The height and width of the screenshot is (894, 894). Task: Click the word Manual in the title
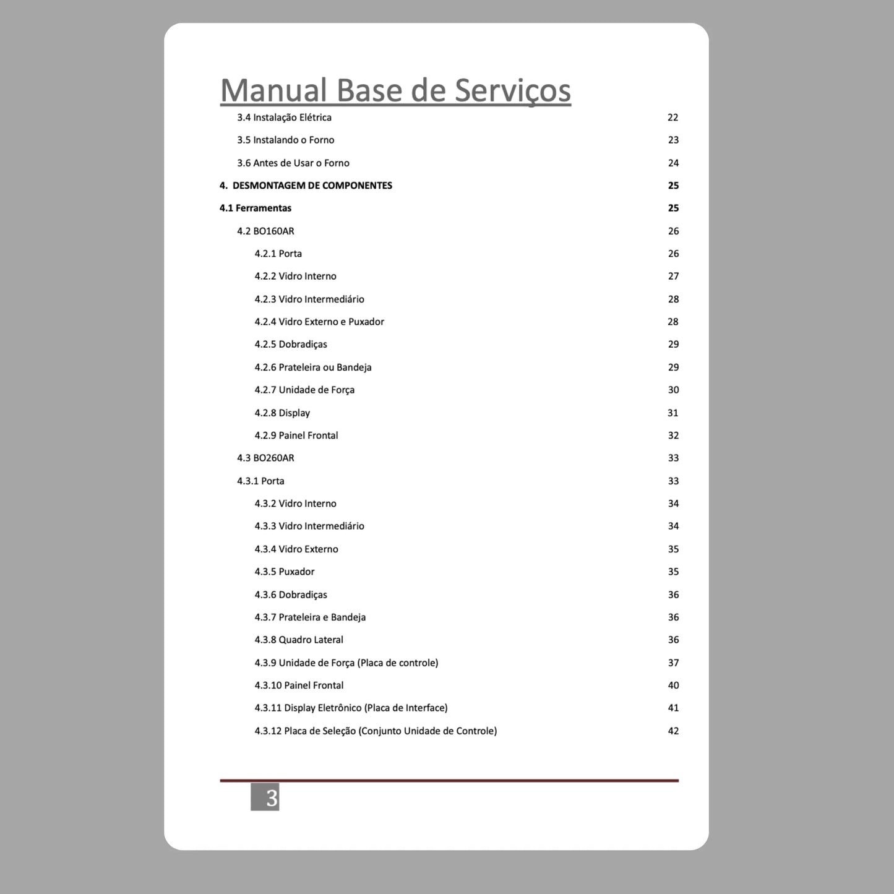click(273, 90)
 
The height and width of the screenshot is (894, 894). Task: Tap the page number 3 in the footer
click(265, 797)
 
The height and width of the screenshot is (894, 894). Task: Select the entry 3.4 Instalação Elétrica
click(284, 118)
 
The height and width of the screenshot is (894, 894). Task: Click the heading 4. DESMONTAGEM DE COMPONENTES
click(306, 186)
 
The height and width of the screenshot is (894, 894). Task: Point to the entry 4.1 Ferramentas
click(255, 208)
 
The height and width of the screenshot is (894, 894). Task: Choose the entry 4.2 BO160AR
click(265, 231)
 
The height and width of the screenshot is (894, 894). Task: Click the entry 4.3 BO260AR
click(265, 458)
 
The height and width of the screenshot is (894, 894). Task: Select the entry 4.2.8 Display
click(282, 413)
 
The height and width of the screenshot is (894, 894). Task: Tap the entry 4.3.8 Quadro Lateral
click(299, 640)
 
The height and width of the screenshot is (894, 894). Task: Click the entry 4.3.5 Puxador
click(285, 572)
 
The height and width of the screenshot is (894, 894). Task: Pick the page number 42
click(673, 731)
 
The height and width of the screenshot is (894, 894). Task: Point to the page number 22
click(673, 118)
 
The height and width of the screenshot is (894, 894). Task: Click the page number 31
click(673, 413)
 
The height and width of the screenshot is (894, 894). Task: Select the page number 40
click(673, 686)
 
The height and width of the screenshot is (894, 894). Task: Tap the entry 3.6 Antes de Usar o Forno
click(293, 163)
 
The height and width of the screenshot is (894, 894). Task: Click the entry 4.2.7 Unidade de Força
click(304, 390)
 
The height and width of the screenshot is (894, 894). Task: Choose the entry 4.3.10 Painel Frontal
click(299, 686)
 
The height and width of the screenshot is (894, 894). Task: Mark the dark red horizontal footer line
click(449, 781)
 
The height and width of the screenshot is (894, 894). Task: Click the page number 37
click(673, 663)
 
